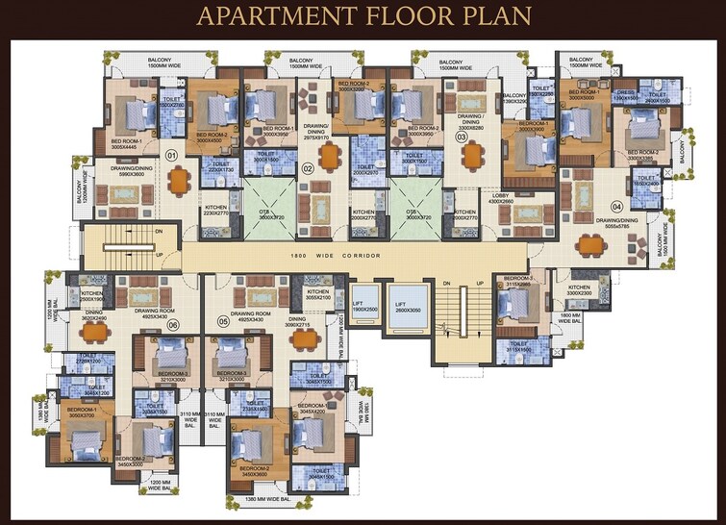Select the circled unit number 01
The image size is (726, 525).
[172, 155]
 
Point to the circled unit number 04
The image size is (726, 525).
[616, 206]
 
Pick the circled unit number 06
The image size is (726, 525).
[173, 325]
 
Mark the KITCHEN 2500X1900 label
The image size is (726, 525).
[92, 295]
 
